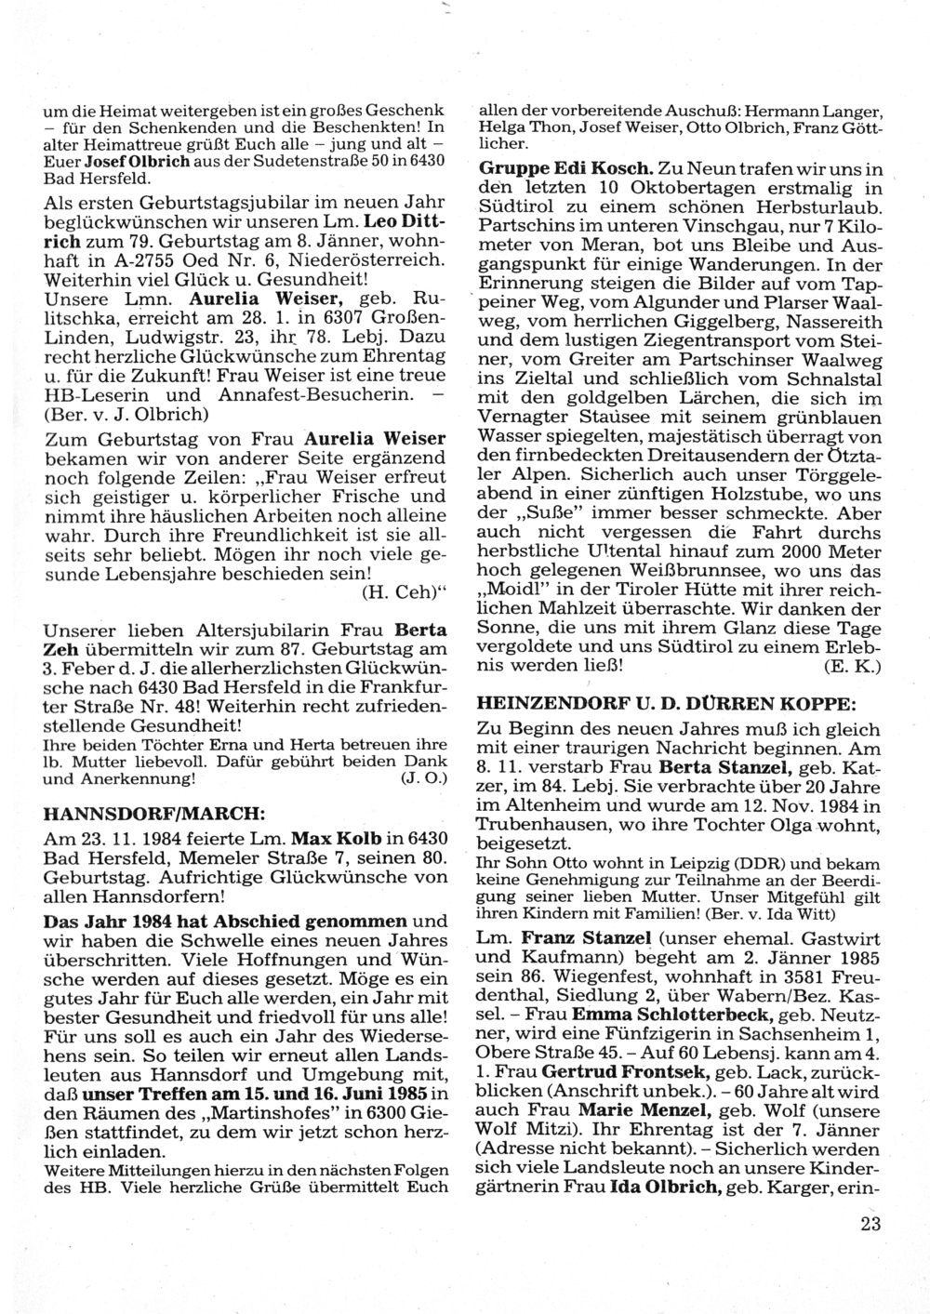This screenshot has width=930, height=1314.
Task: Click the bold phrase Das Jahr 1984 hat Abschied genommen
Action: click(x=226, y=922)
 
